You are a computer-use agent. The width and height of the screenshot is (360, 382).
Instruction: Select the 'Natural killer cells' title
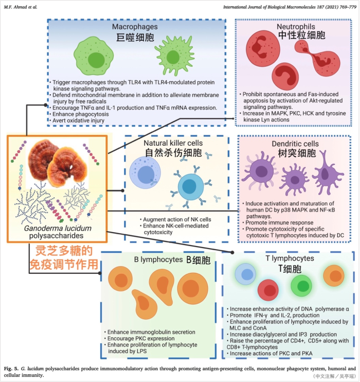point(173,142)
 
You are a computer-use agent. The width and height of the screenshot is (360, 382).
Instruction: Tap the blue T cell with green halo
point(245,274)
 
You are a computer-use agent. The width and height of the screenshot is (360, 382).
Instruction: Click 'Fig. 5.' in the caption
point(12,369)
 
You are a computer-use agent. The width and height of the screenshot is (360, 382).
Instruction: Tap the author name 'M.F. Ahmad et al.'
point(21,6)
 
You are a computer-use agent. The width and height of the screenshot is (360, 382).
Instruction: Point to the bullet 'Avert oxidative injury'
point(81,120)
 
